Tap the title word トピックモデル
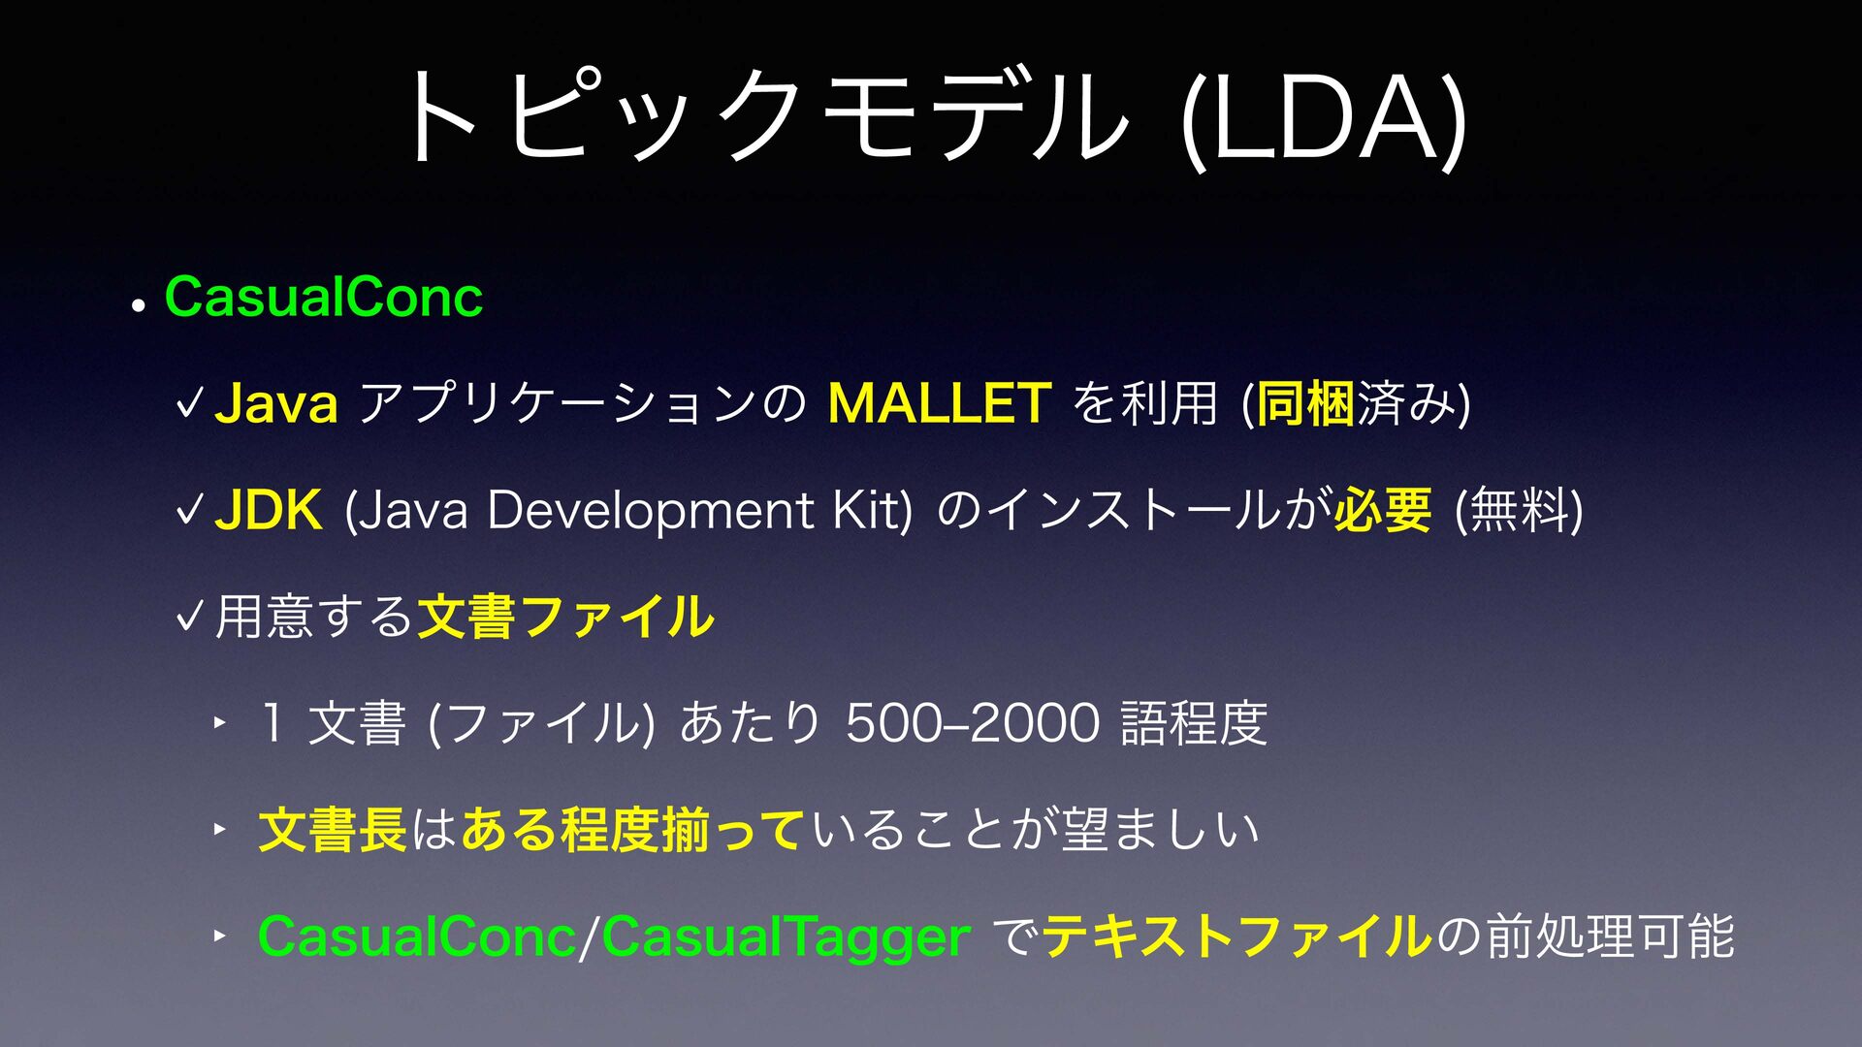click(766, 116)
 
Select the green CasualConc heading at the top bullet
click(324, 297)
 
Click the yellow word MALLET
click(939, 403)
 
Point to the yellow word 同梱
click(1305, 403)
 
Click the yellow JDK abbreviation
click(268, 510)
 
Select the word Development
click(651, 511)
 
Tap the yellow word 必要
click(1382, 510)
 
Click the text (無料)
click(1519, 510)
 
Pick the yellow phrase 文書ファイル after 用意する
click(565, 617)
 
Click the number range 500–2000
click(972, 723)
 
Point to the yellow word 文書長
click(333, 830)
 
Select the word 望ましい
click(1160, 830)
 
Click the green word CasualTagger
click(786, 937)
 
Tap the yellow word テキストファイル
click(1237, 936)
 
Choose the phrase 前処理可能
click(1610, 936)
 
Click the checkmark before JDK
click(190, 510)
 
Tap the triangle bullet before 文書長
click(220, 829)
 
